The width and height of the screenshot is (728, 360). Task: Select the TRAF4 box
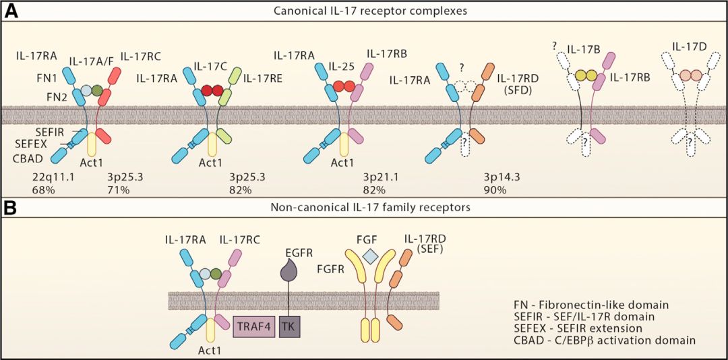(x=253, y=326)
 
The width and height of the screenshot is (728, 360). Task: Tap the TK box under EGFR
(x=290, y=326)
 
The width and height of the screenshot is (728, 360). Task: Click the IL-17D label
(x=688, y=47)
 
